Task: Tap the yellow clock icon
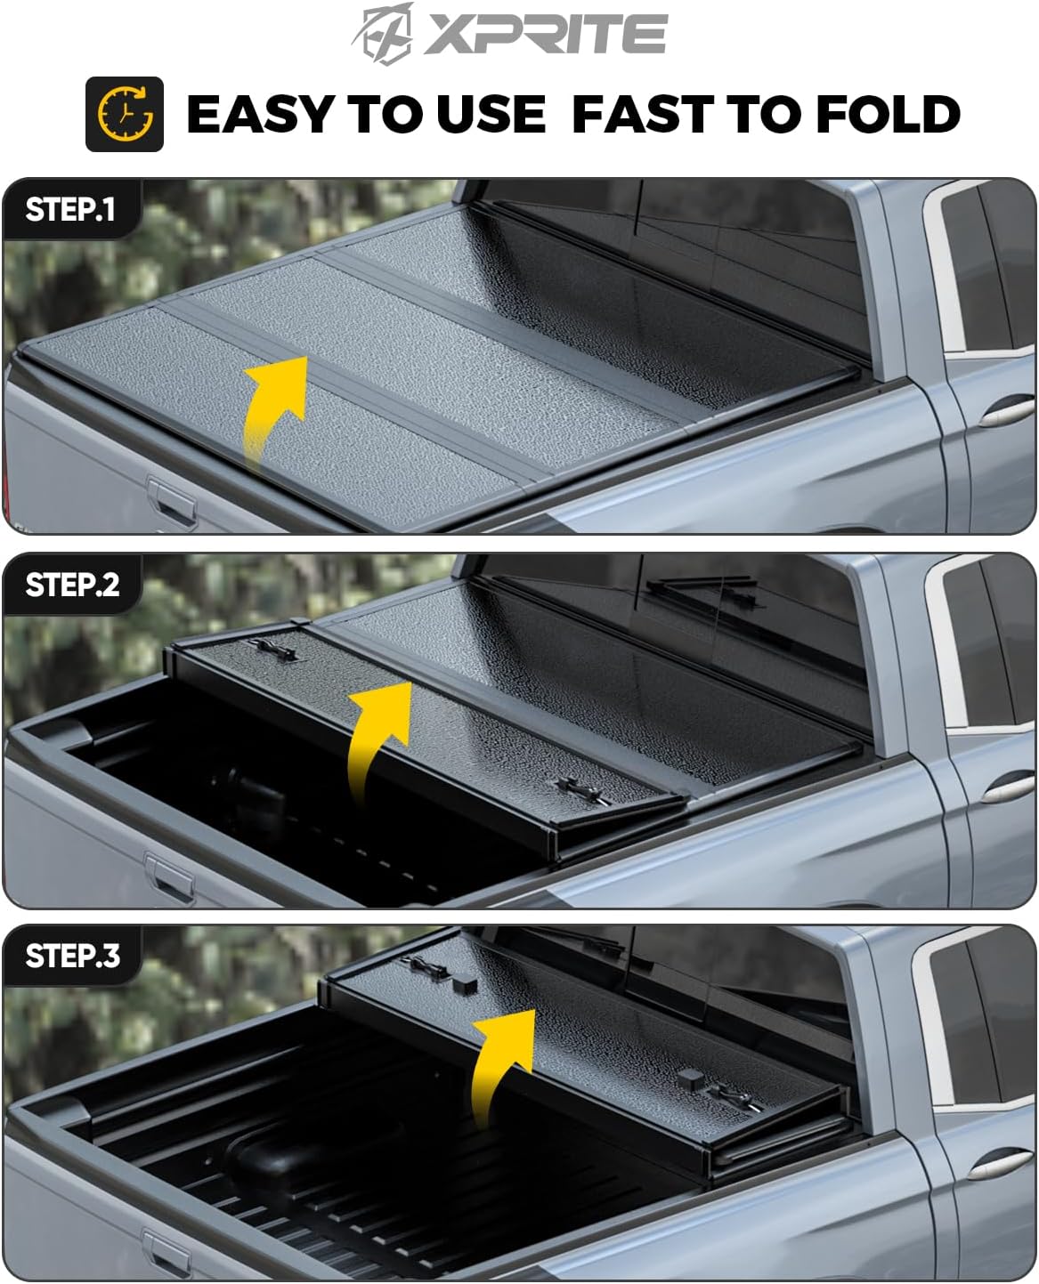point(125,114)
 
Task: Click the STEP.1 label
point(70,210)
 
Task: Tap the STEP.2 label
point(72,585)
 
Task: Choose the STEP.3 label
point(72,956)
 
